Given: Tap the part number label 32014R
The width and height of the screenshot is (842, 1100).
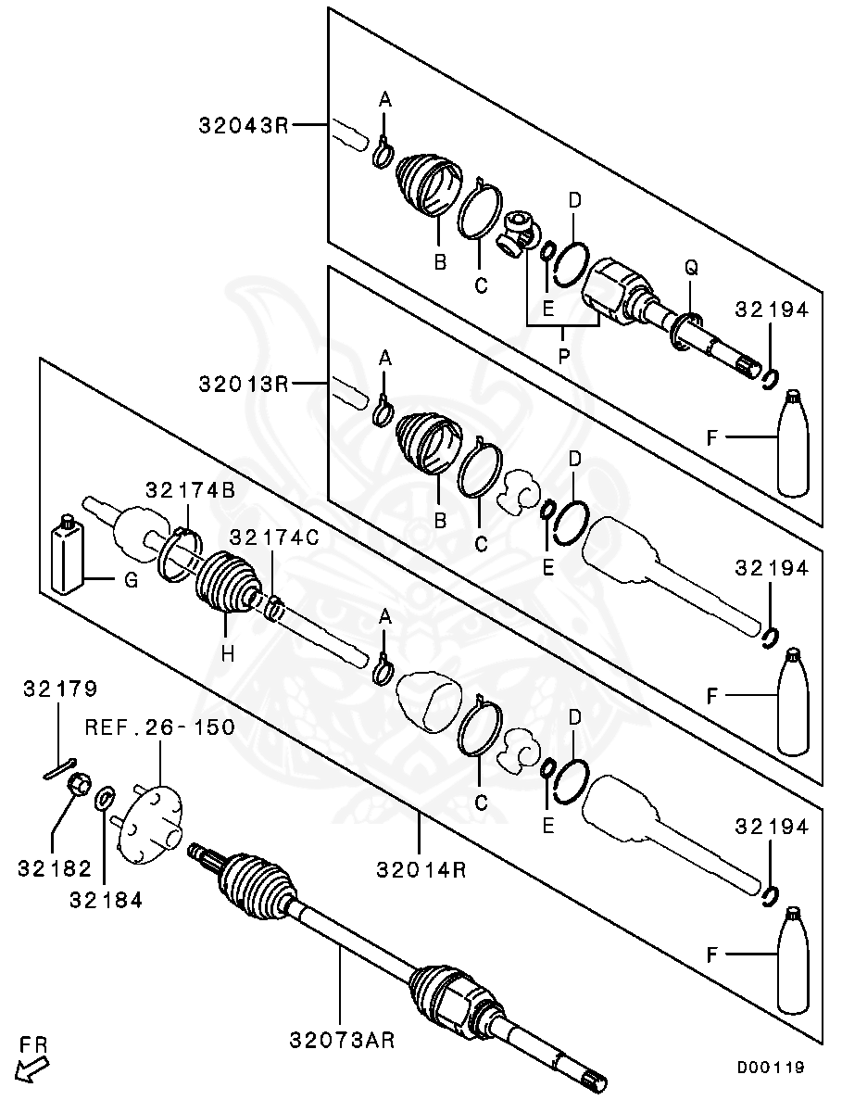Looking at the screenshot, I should coord(421,870).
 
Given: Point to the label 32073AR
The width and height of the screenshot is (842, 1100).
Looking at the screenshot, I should coord(342,1041).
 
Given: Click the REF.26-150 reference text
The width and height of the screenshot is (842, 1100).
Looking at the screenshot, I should coord(159,727).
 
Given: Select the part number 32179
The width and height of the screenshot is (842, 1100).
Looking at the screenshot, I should coord(60,689).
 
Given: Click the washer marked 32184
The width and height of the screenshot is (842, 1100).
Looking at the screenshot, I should coord(107,796).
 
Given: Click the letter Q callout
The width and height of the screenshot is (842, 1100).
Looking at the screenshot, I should coord(691,268).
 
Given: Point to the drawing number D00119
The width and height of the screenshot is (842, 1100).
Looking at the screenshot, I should coord(770,1068).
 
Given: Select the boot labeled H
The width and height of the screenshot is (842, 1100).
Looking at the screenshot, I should coord(224,585).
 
